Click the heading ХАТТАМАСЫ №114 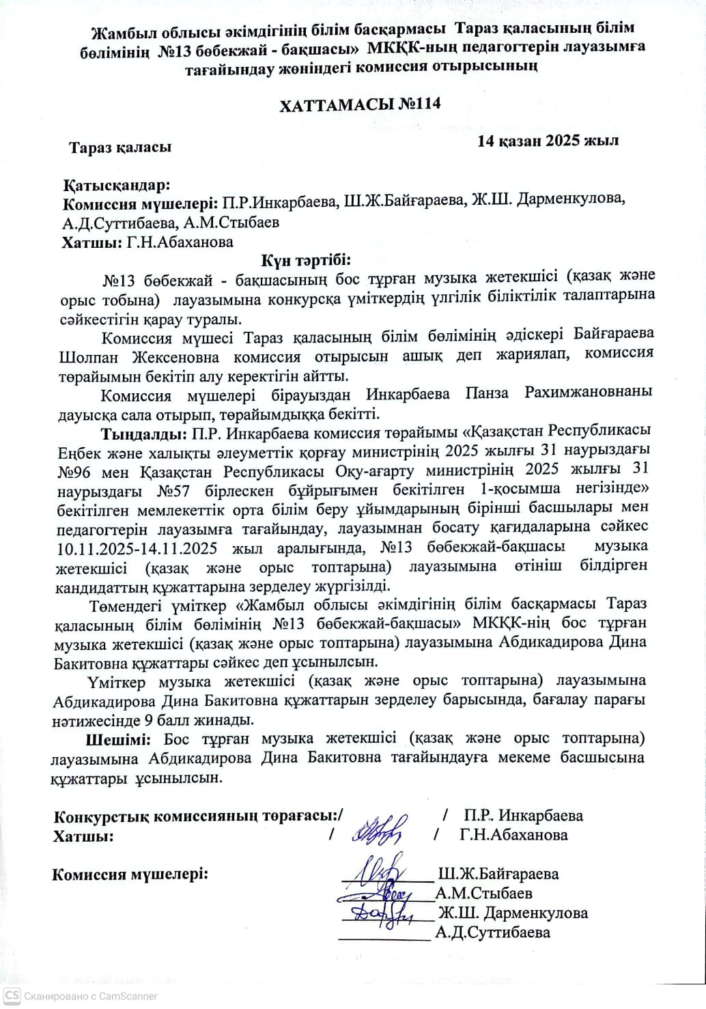pos(360,104)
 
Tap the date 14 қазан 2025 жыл pos(548,141)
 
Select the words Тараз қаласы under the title pos(120,147)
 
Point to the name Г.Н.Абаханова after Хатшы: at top pos(180,242)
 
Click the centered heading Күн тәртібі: pos(306,260)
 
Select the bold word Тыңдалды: pos(144,433)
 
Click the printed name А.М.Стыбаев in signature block pos(484,893)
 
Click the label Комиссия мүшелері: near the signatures pos(130,875)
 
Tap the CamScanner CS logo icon pos(12,996)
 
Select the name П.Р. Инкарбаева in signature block pos(523,815)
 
